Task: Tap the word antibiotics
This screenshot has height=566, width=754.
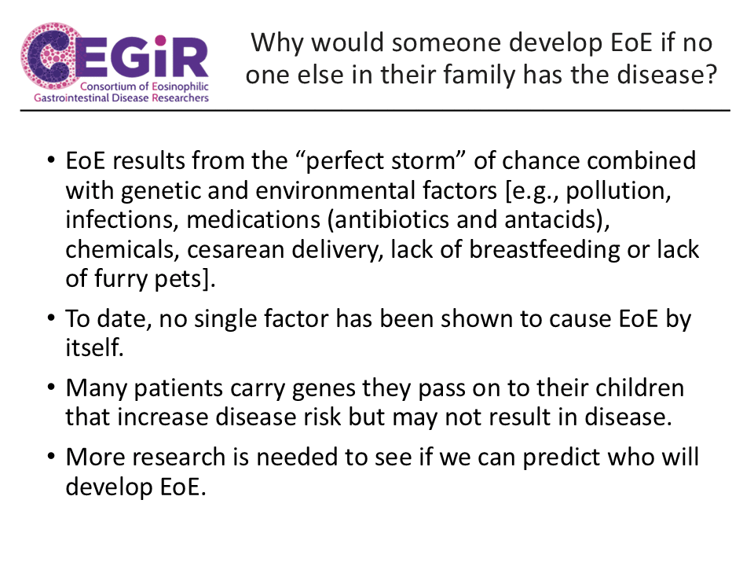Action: tap(391, 220)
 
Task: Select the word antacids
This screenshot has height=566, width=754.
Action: tap(551, 220)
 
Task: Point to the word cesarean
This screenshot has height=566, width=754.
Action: tap(236, 250)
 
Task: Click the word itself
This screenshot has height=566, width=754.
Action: tap(94, 347)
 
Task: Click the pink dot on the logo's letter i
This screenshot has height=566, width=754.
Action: tap(160, 40)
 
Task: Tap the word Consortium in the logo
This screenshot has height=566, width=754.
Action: tap(108, 86)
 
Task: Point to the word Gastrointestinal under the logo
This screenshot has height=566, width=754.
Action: tap(71, 98)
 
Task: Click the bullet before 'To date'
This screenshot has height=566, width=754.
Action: tap(52, 318)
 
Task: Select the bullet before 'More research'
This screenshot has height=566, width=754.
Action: tap(52, 456)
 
